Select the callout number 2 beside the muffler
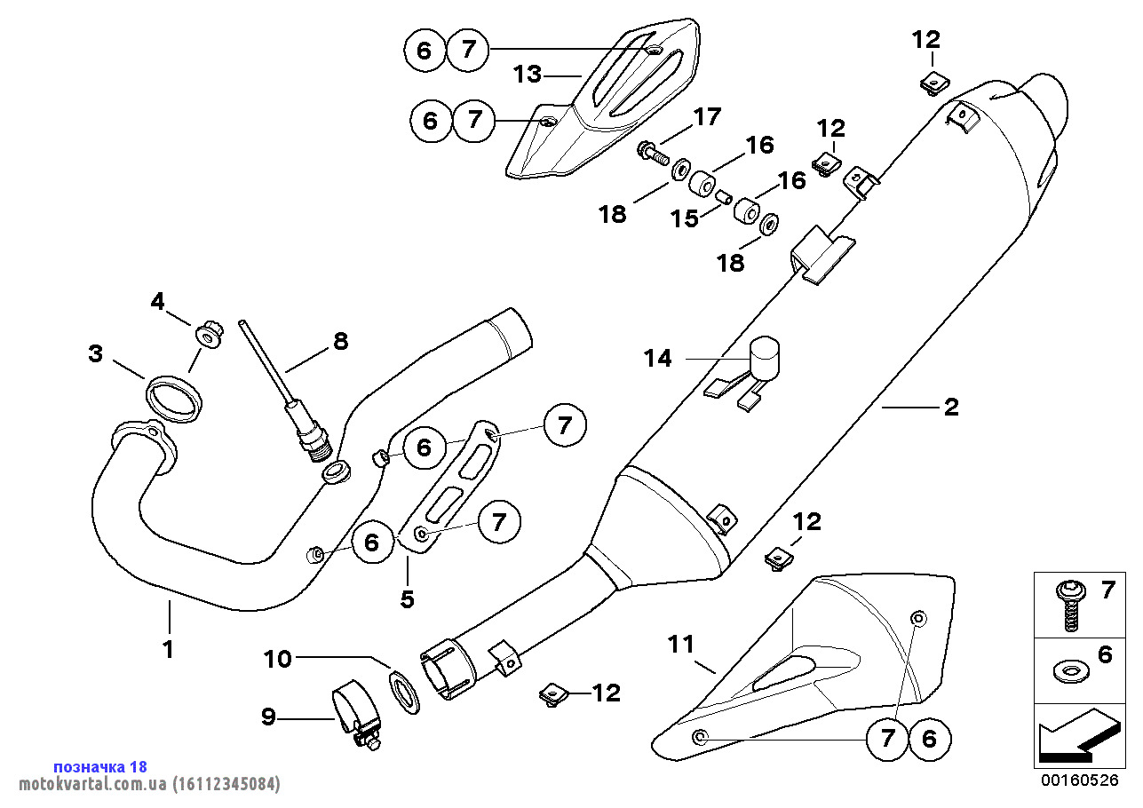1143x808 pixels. click(x=951, y=408)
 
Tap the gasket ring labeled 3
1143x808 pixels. click(x=174, y=396)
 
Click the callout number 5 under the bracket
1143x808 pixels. click(x=407, y=599)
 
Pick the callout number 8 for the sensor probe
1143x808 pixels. click(x=340, y=341)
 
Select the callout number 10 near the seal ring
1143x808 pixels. click(x=277, y=659)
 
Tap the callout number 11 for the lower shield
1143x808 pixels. click(x=681, y=645)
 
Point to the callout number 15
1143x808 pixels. click(x=685, y=218)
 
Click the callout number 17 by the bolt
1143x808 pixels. click(x=708, y=116)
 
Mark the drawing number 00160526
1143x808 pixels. click(x=1080, y=780)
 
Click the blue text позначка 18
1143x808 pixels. click(x=100, y=766)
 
